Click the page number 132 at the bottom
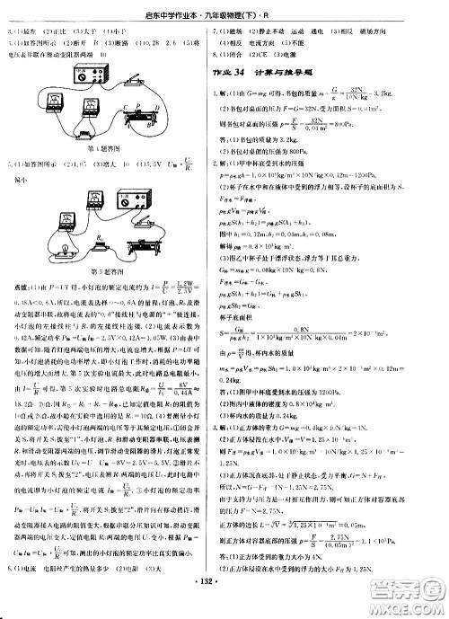tap(224, 605)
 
